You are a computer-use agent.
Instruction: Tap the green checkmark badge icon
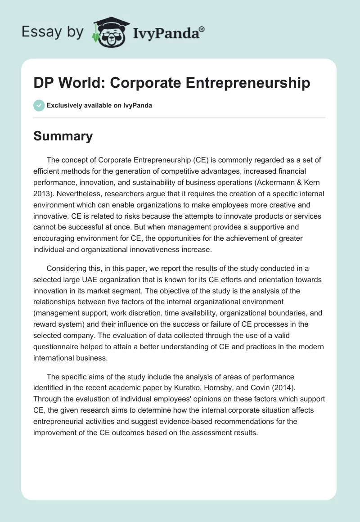click(x=39, y=105)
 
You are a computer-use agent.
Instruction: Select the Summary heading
click(x=63, y=135)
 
